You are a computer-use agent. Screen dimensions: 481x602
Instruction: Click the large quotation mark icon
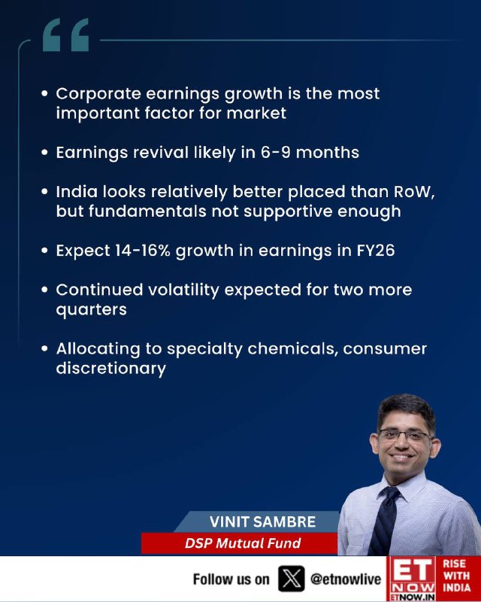coord(65,35)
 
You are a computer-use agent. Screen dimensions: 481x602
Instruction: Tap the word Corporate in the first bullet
coord(98,94)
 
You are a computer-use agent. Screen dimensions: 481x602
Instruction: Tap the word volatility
coord(183,290)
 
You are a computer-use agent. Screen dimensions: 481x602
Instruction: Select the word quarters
coord(91,310)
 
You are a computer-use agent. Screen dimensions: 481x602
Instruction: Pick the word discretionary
coord(110,369)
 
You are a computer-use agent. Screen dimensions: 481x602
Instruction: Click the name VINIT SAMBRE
coord(263,521)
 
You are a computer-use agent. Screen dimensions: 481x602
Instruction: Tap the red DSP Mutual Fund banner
coord(239,543)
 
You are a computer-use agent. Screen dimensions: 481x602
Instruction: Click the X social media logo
coord(291,579)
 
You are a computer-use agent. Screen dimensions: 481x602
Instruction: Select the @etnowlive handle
coord(345,579)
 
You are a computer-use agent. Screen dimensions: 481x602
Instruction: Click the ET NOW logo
coord(413,579)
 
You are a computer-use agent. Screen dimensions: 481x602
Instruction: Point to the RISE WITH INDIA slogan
coord(456,576)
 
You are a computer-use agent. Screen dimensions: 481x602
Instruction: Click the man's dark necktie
coord(386,520)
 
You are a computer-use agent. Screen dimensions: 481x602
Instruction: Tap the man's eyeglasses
coord(405,436)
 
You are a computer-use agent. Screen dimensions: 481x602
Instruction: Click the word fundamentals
coord(147,211)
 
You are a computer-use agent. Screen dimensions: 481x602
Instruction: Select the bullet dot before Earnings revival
coord(45,153)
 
